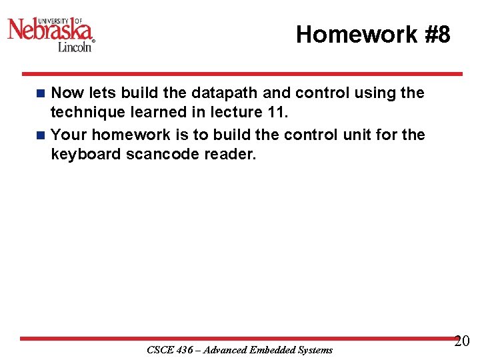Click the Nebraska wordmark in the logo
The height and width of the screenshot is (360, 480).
click(50, 29)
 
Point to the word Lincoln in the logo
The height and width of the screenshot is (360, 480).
click(74, 47)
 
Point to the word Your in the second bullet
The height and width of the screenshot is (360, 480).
click(69, 135)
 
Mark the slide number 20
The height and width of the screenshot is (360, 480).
click(462, 342)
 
